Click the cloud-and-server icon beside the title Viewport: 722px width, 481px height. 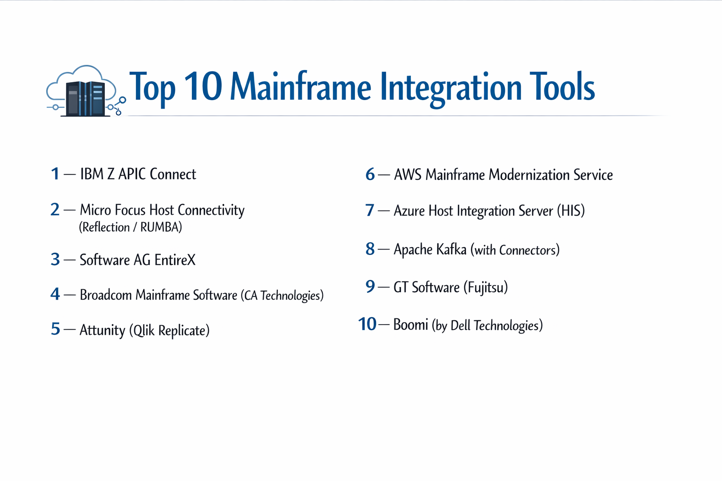(85, 92)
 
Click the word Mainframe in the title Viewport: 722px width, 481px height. (300, 87)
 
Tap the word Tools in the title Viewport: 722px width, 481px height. (562, 87)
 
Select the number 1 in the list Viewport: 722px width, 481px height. (55, 174)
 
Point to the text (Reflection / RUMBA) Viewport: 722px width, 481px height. (130, 227)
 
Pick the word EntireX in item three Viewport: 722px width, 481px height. (175, 260)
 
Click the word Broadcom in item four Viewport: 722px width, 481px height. (106, 295)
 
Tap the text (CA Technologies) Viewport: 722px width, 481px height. (282, 295)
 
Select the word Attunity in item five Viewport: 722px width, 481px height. (102, 330)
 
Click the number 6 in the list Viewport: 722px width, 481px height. (370, 175)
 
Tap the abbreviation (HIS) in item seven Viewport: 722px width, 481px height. (571, 211)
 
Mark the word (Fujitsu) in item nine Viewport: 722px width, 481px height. (486, 287)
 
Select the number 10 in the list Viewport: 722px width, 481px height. (367, 324)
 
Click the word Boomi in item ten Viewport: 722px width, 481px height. (410, 325)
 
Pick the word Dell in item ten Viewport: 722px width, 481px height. (460, 326)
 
